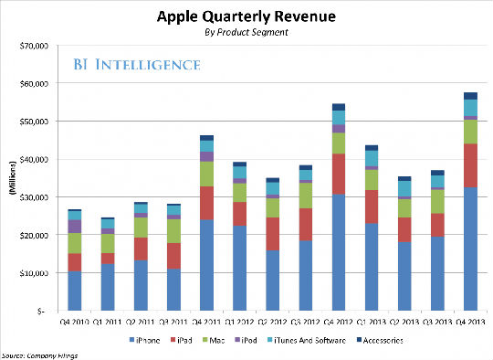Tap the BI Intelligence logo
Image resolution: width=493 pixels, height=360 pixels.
[x=137, y=65]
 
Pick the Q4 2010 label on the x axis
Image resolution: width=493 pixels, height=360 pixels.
[x=74, y=321]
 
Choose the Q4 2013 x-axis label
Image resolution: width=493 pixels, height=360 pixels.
[x=469, y=321]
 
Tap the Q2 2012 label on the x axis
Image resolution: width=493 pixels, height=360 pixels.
[x=271, y=321]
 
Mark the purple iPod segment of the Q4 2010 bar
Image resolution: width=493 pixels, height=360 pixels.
[x=74, y=226]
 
